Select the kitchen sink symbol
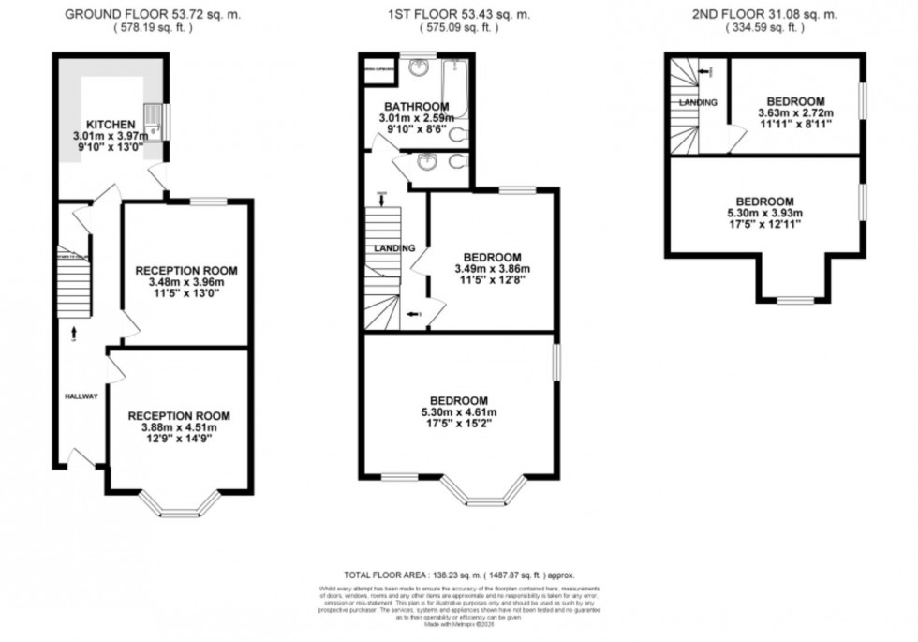155,120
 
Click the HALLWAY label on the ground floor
81,396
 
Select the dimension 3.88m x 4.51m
179,428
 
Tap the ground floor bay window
179,506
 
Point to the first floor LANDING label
396,248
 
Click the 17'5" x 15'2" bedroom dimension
459,424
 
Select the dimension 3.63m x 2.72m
795,113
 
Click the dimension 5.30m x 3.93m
764,214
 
